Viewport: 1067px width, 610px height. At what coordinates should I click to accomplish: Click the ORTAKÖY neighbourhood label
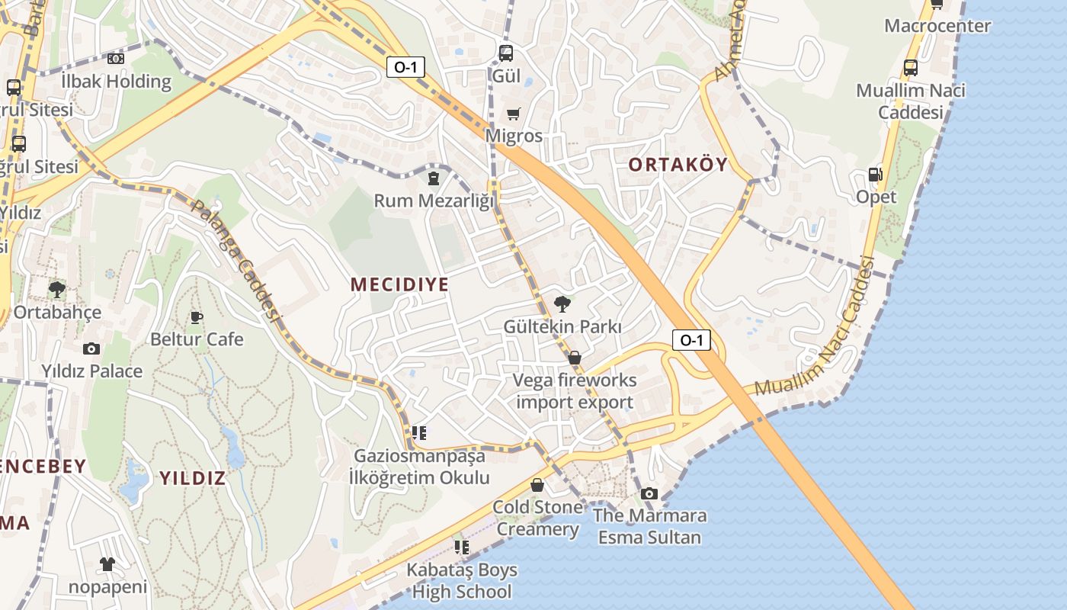678,164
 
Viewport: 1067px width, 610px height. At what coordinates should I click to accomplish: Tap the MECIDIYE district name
399,284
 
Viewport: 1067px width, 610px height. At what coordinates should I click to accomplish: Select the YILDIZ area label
193,478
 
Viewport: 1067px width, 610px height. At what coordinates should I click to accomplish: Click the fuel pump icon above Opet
876,175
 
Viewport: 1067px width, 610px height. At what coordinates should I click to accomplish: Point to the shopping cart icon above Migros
514,114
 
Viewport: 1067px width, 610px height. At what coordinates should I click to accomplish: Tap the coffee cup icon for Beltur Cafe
197,317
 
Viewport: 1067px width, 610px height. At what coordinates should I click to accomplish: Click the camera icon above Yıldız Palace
91,349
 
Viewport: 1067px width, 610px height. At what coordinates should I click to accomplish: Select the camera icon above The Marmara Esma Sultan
649,493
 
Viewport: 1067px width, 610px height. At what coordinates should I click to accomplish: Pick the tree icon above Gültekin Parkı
562,305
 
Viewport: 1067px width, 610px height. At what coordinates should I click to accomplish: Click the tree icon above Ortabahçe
56,290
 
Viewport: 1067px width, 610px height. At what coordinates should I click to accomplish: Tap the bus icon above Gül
506,53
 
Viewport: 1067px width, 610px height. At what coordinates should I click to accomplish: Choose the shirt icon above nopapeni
107,564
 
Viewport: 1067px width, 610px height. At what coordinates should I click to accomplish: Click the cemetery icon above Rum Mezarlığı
434,178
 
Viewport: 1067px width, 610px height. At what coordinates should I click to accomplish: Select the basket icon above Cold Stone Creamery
537,485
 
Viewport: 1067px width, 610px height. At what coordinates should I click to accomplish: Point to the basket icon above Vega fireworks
575,358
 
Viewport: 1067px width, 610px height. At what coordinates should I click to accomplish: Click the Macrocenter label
937,26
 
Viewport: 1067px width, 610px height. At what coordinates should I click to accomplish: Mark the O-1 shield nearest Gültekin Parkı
691,340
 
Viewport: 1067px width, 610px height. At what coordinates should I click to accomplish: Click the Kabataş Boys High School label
462,580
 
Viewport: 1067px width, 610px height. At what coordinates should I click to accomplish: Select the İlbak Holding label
116,81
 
